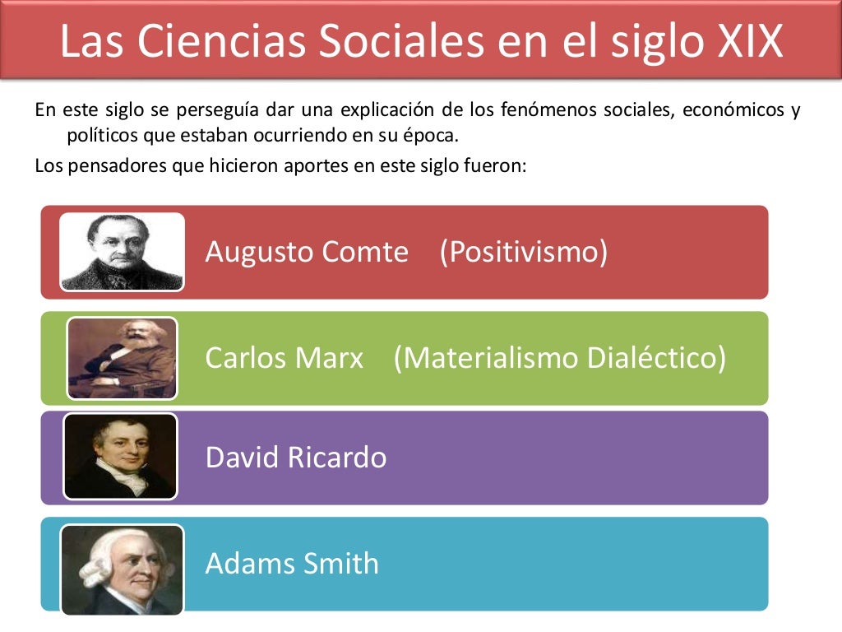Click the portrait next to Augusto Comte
pos(122,252)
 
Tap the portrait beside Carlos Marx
pos(122,358)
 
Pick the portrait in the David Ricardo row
pos(120,457)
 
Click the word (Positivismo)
pos(524,252)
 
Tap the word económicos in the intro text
pos(727,110)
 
